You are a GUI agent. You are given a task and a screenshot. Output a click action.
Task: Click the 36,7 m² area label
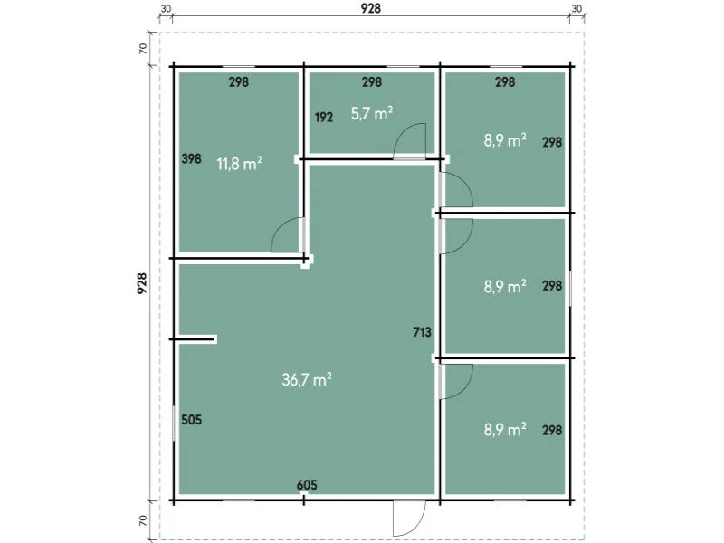click(x=307, y=379)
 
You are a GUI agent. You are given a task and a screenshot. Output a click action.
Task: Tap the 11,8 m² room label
click(x=240, y=164)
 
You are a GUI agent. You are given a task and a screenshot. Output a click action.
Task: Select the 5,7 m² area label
click(x=372, y=113)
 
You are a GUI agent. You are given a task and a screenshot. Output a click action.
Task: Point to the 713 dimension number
click(x=422, y=332)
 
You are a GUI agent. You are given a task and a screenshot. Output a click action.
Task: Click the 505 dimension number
click(x=192, y=420)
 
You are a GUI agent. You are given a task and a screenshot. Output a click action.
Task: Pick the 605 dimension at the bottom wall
click(x=307, y=485)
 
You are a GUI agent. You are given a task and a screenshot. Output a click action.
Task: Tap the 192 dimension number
click(x=324, y=118)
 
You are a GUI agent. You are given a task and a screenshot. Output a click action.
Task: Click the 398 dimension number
click(x=192, y=159)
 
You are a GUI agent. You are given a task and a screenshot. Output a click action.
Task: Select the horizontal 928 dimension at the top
click(x=371, y=8)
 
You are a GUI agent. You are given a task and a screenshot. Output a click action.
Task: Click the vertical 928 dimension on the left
click(x=142, y=282)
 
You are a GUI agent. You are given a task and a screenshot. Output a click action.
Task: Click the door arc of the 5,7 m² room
click(x=401, y=135)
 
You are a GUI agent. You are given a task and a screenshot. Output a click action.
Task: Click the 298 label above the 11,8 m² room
click(x=239, y=82)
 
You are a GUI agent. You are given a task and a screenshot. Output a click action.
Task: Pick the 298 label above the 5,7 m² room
click(x=372, y=82)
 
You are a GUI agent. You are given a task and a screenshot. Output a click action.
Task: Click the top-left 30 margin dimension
click(x=166, y=9)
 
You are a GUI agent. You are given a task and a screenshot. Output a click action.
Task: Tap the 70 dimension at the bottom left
click(x=143, y=520)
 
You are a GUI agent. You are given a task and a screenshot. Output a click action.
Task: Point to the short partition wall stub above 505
click(x=194, y=340)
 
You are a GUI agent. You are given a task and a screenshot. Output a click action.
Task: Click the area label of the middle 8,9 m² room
click(x=505, y=286)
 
